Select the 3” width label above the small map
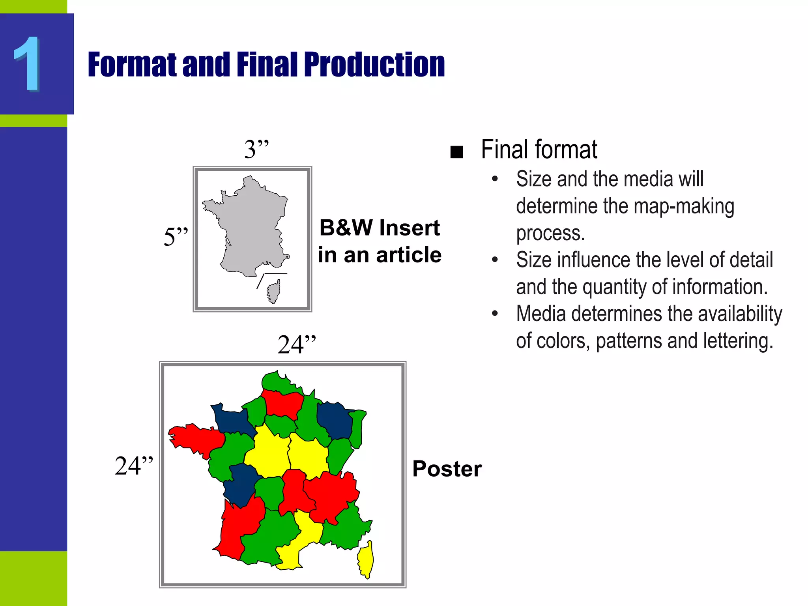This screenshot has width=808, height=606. click(x=256, y=149)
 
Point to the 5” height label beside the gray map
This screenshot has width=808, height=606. click(x=176, y=237)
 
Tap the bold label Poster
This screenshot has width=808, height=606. click(x=447, y=469)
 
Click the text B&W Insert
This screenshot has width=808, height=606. click(x=379, y=228)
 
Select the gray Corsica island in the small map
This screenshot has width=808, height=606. click(x=274, y=292)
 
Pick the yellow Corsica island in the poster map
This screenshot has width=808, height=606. click(x=366, y=559)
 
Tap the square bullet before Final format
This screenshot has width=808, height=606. click(x=456, y=152)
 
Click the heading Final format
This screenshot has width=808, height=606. click(x=539, y=150)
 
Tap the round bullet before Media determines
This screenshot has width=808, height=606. click(x=495, y=314)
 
